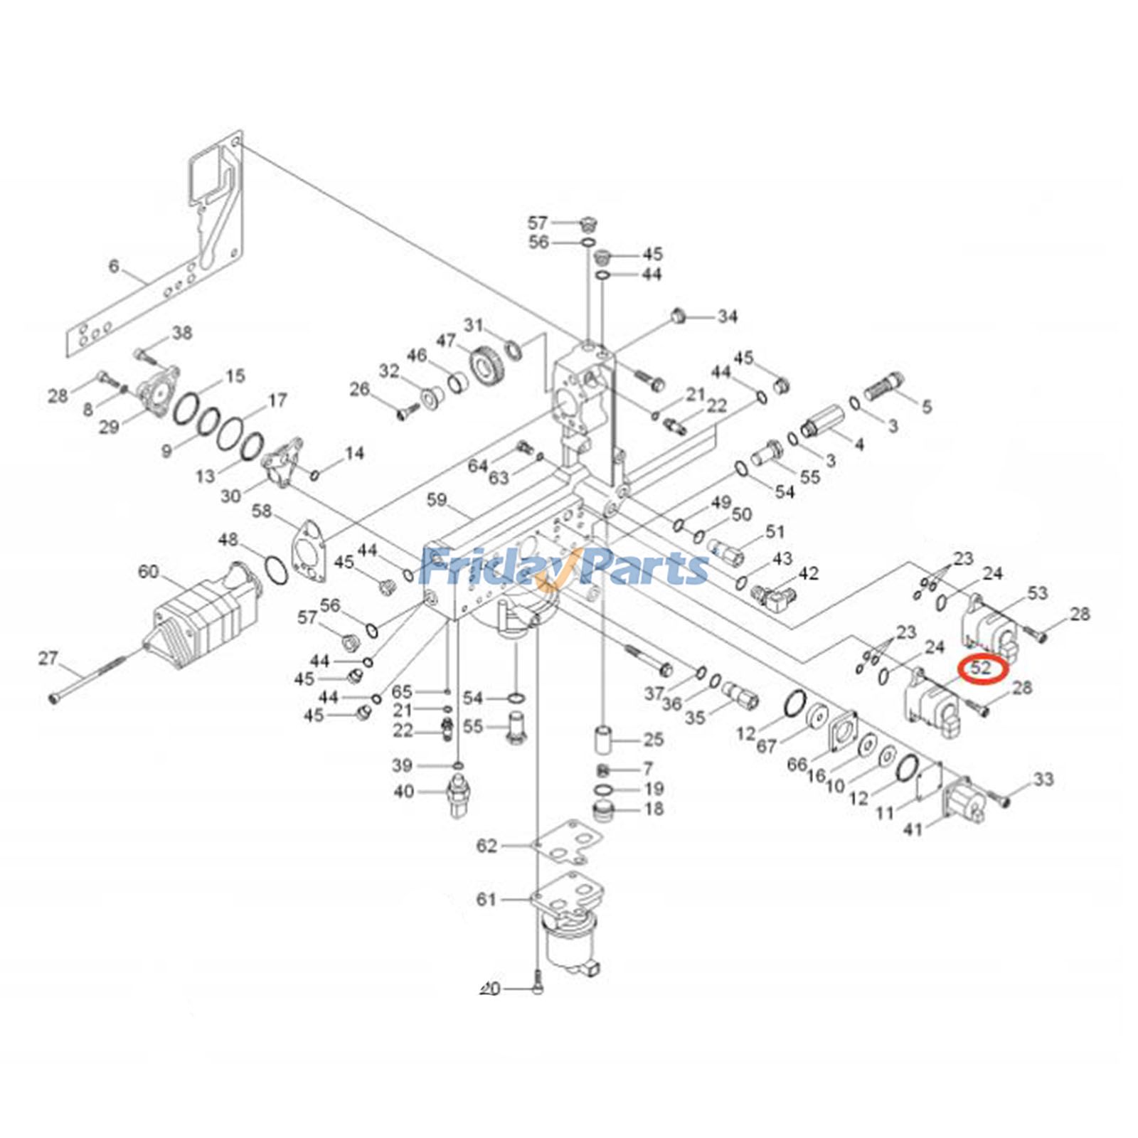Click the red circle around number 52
point(982,669)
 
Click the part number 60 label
point(148,571)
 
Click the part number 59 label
point(436,500)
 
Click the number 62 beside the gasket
point(486,846)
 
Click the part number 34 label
point(727,316)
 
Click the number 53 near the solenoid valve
point(1037,592)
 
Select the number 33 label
point(1043,780)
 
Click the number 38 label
point(182,332)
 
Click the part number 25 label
point(653,740)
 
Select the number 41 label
point(913,829)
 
